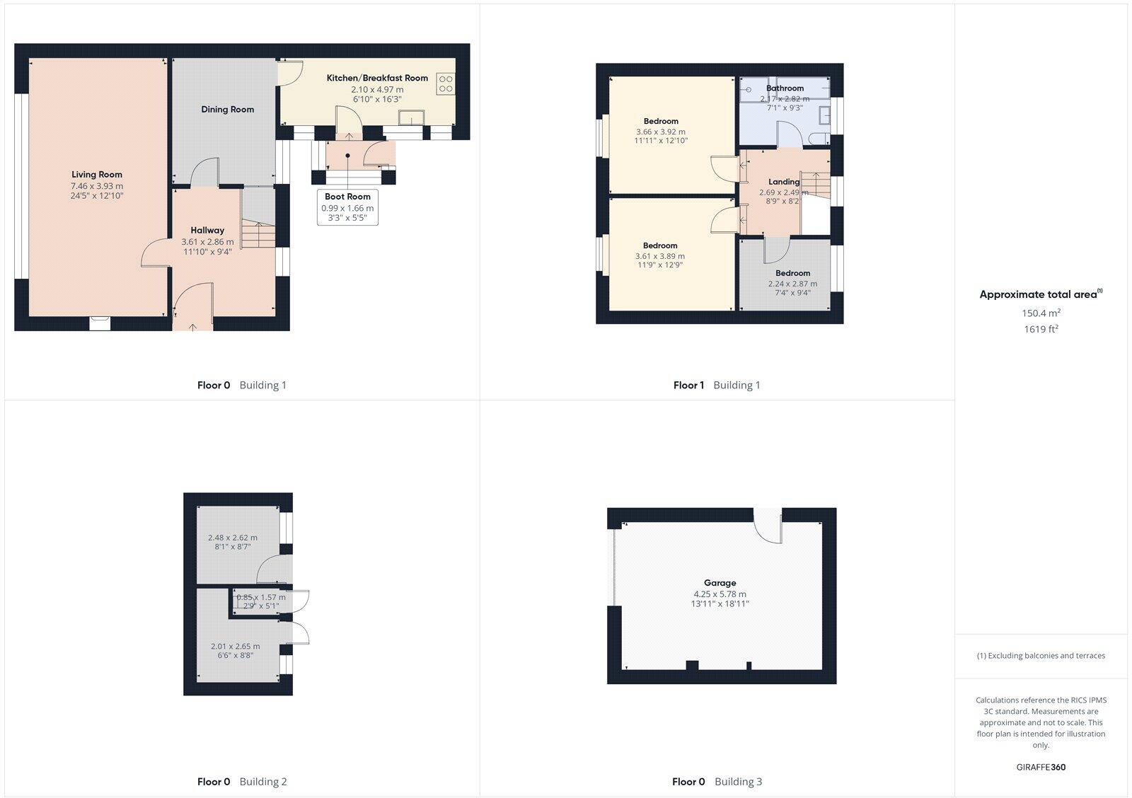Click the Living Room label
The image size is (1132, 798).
pyautogui.click(x=97, y=175)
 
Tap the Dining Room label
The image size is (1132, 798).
pyautogui.click(x=227, y=110)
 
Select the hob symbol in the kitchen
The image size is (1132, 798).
pyautogui.click(x=446, y=83)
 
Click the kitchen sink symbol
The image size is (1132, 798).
pyautogui.click(x=410, y=117)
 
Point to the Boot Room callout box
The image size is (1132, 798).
pyautogui.click(x=347, y=207)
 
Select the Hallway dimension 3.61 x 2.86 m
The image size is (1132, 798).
pyautogui.click(x=207, y=242)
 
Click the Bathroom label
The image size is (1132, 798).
pyautogui.click(x=785, y=88)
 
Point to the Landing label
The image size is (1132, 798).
pyautogui.click(x=784, y=182)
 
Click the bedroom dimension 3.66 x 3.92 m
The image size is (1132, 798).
pyautogui.click(x=661, y=132)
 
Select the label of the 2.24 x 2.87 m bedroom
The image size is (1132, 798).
pyautogui.click(x=792, y=273)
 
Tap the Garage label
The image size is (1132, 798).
pyautogui.click(x=720, y=583)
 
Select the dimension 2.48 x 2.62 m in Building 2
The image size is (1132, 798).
pyautogui.click(x=233, y=538)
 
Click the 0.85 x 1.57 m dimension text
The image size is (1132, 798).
pyautogui.click(x=261, y=597)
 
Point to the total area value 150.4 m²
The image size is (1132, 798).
pyautogui.click(x=1041, y=313)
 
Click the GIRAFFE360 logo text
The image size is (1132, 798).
pyautogui.click(x=1041, y=767)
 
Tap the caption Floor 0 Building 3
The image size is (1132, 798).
pyautogui.click(x=717, y=782)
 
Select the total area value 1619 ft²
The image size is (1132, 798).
pyautogui.click(x=1041, y=329)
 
